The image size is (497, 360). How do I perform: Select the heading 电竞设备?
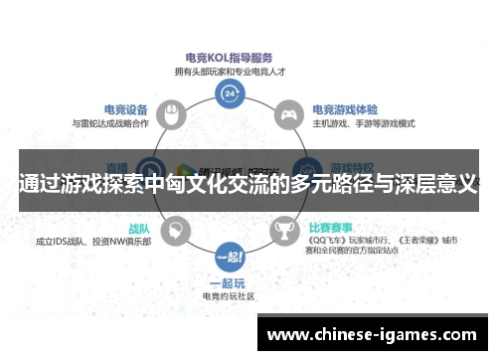click(126, 109)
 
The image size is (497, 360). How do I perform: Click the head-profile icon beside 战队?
click(174, 231)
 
